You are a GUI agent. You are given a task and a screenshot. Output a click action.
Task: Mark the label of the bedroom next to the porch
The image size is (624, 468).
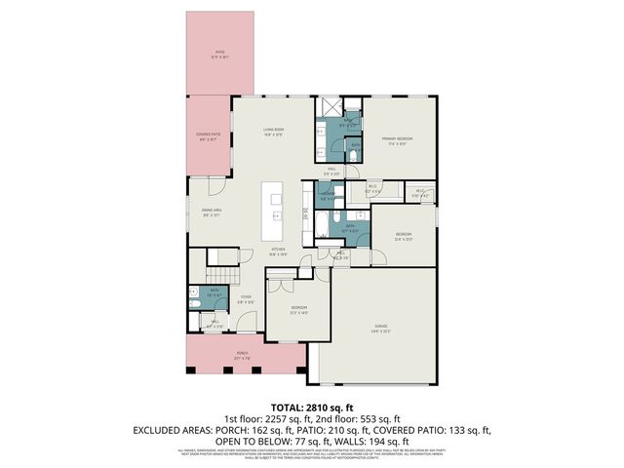(x=298, y=310)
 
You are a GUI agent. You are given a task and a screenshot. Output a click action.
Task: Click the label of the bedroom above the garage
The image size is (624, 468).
(x=404, y=235)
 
